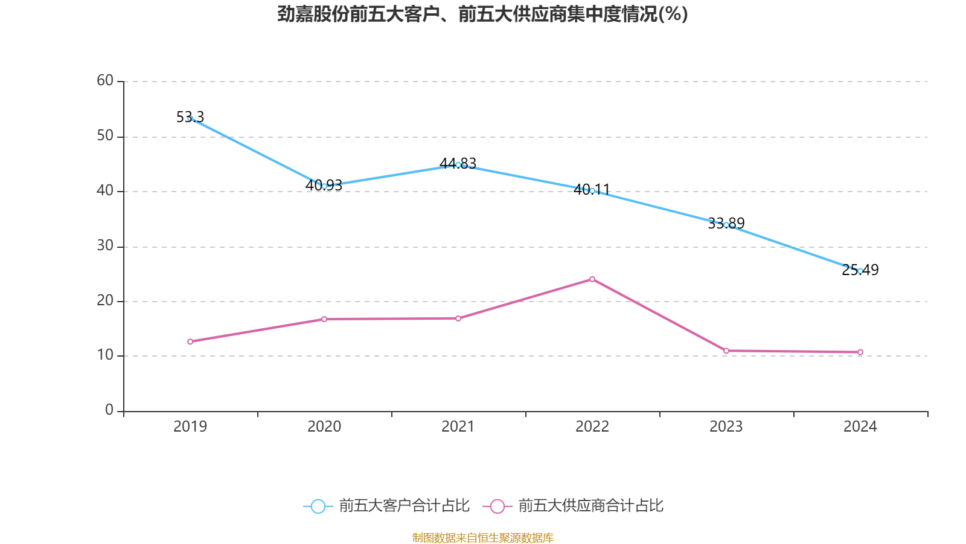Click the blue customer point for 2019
[x=190, y=119]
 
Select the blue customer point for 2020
[x=324, y=186]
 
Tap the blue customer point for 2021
[x=458, y=165]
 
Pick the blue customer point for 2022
[x=592, y=191]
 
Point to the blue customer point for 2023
[x=726, y=225]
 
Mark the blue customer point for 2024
[x=860, y=271]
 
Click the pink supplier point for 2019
[x=190, y=342]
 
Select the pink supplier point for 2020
[x=324, y=319]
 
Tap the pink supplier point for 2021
[x=458, y=319]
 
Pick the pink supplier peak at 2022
[x=592, y=279]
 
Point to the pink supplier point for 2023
[x=726, y=351]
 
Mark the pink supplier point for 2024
[x=860, y=352]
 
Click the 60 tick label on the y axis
[x=105, y=81]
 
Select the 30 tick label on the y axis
[x=105, y=246]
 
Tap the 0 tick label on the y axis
[x=109, y=410]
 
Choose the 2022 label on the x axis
[x=592, y=427]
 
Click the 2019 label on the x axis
[x=190, y=427]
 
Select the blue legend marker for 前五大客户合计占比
[x=318, y=507]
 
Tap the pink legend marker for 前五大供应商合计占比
[x=497, y=507]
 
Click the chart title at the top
[x=482, y=14]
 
